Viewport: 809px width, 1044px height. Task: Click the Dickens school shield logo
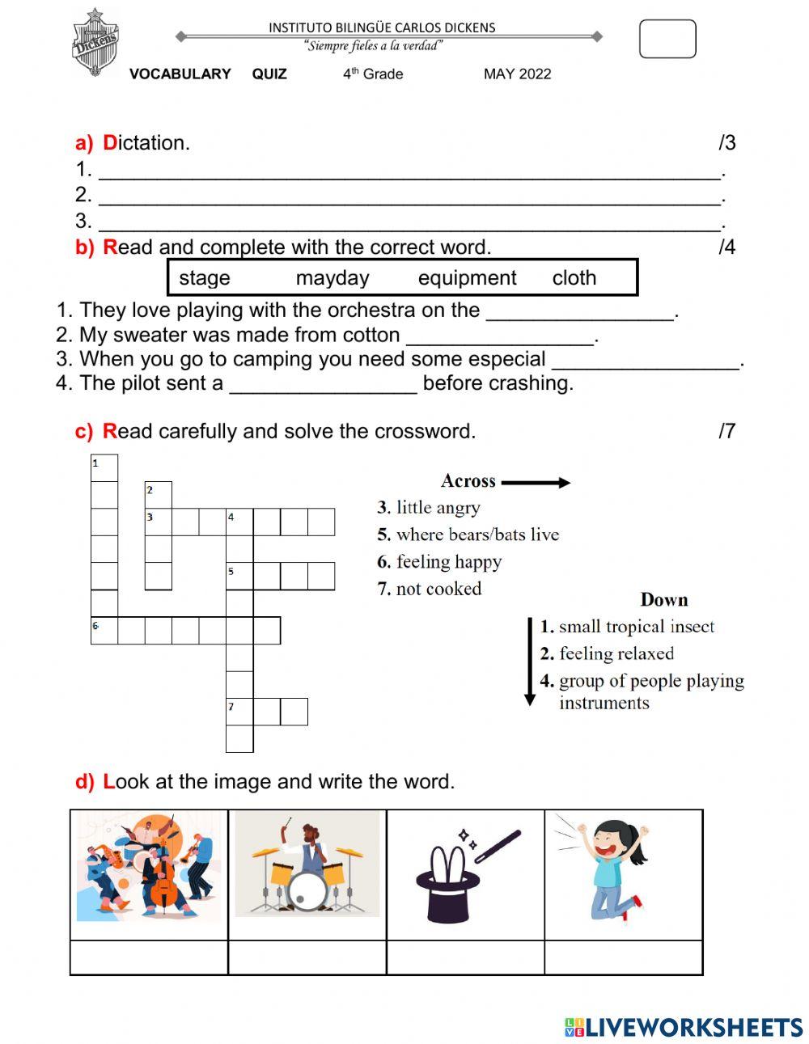(x=96, y=43)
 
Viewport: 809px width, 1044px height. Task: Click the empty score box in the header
(x=667, y=39)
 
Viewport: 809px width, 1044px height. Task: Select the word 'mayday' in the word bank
(x=332, y=278)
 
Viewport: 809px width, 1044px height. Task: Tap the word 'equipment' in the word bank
(x=467, y=278)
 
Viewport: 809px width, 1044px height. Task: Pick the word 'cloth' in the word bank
(x=574, y=278)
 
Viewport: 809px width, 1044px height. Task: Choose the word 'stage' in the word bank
(x=205, y=278)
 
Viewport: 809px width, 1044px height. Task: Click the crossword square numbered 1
(x=104, y=468)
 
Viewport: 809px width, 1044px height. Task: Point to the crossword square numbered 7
(x=239, y=712)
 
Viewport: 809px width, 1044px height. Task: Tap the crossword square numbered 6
(x=104, y=631)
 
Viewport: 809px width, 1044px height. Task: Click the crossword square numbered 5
(x=239, y=576)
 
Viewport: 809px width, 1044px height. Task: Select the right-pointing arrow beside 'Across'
(x=536, y=483)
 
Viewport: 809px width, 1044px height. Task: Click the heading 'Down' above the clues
(x=663, y=599)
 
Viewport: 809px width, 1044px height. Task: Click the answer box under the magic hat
(x=465, y=957)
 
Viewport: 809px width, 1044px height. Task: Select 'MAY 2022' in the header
(x=517, y=74)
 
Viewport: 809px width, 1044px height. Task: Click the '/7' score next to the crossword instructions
(x=726, y=431)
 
